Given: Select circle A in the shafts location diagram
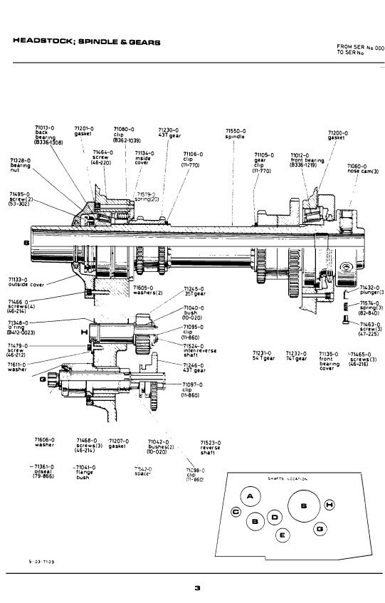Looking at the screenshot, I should tap(250, 496).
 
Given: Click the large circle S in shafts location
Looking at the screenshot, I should tap(303, 506).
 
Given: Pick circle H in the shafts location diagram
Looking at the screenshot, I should tap(329, 505).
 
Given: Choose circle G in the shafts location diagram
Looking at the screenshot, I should tap(320, 529).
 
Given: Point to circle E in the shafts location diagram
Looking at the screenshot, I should tap(283, 535).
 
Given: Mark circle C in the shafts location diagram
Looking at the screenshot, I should tap(236, 512).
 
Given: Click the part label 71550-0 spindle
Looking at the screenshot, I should tap(236, 133).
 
